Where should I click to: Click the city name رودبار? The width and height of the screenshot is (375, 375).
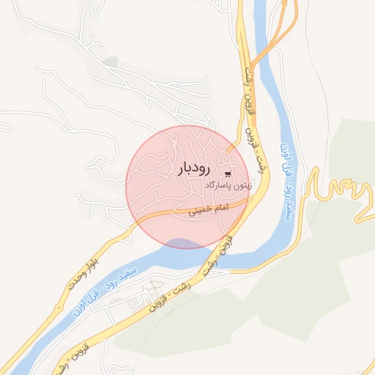tap(193, 168)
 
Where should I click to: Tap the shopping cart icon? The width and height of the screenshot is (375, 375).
tap(230, 174)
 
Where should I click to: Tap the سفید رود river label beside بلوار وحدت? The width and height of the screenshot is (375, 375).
tap(102, 289)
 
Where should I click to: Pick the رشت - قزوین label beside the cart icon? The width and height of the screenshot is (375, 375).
tap(256, 158)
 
